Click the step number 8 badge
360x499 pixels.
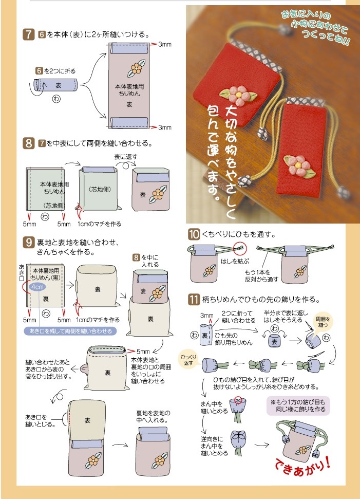pos(29,143)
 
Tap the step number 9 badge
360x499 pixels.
pos(29,242)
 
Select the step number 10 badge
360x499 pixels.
pos(194,235)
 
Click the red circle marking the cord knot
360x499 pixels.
pos(239,248)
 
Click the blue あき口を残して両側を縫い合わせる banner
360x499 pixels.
pos(70,330)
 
